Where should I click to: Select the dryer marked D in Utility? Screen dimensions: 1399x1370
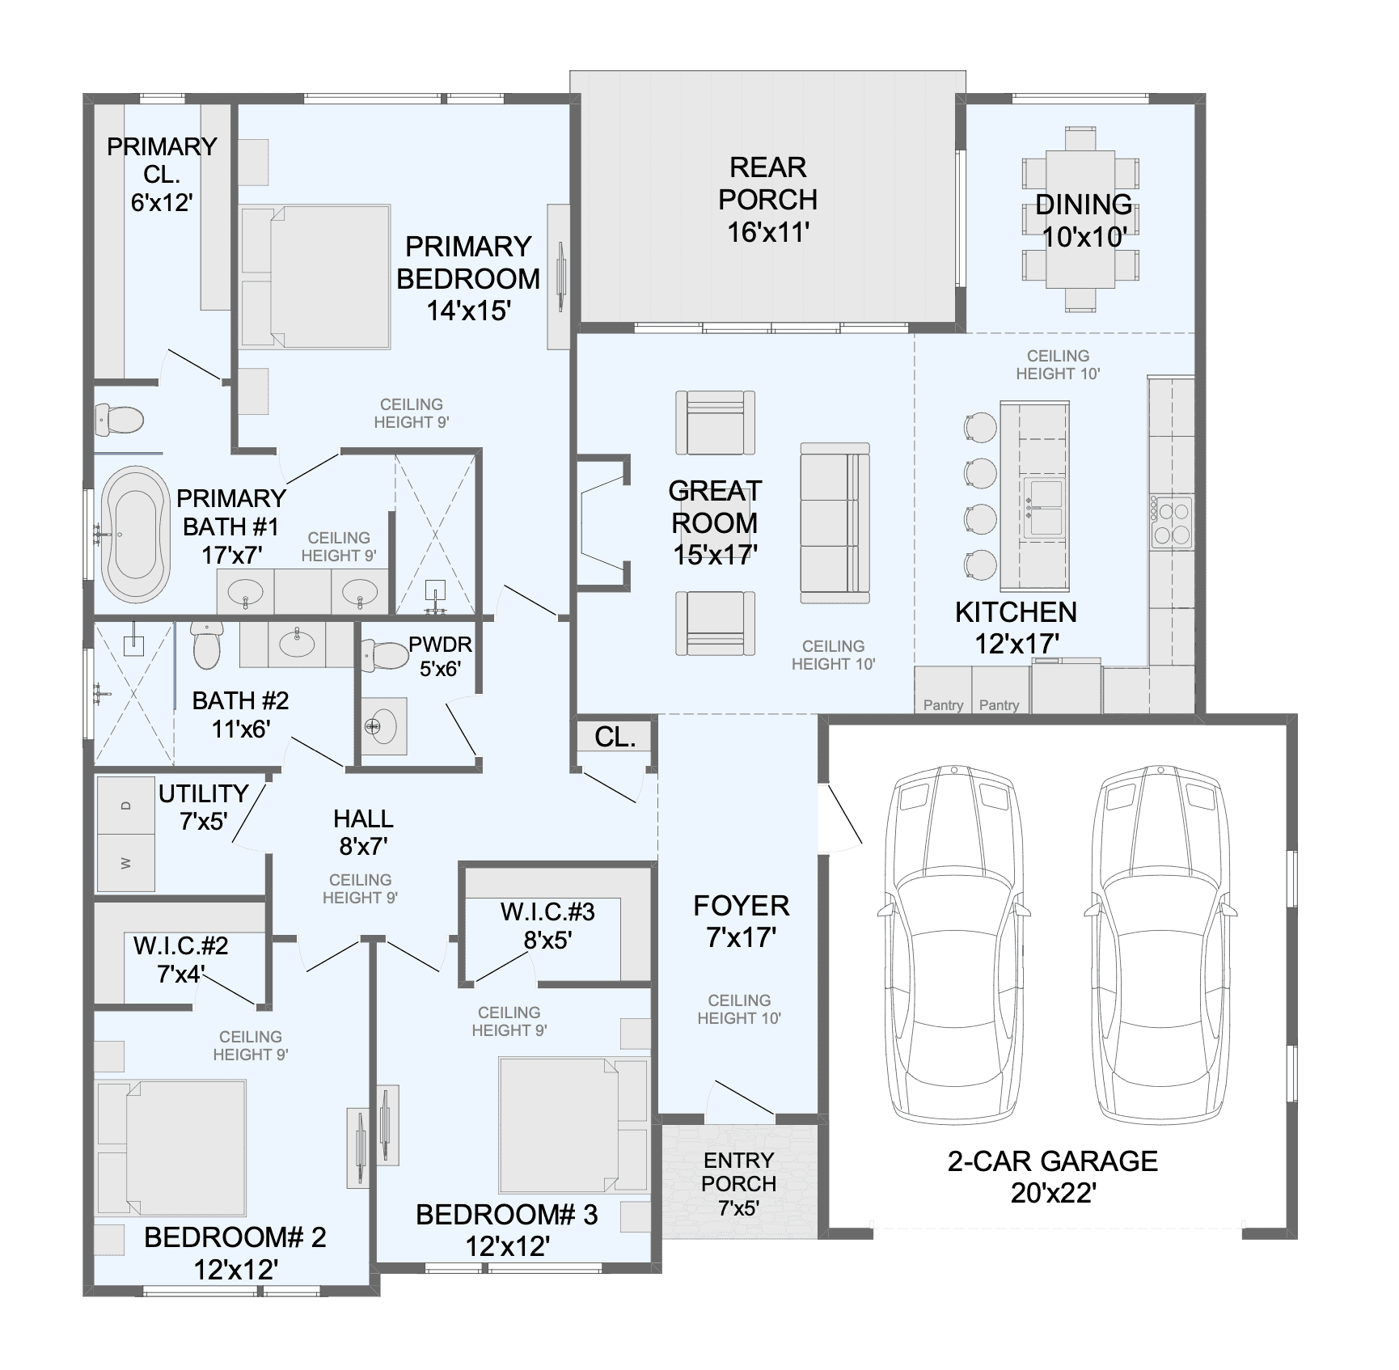pos(125,806)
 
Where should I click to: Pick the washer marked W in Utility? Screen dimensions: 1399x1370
pos(125,863)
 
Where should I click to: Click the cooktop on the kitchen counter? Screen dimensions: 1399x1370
pos(1172,522)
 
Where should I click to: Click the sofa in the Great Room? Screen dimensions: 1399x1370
pos(835,522)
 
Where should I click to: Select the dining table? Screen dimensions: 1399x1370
pos(1081,219)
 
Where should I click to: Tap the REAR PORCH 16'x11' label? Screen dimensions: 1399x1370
pos(768,200)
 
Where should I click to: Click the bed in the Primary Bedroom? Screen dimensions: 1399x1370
pos(315,277)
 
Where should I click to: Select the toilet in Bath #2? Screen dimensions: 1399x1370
pos(206,645)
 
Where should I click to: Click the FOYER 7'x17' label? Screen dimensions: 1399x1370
pos(742,921)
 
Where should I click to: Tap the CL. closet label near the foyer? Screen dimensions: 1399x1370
pos(615,737)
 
